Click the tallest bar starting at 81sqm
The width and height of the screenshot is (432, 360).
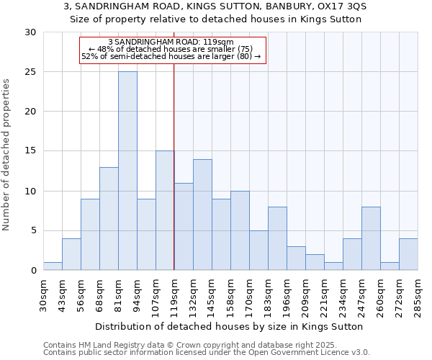pos(127,171)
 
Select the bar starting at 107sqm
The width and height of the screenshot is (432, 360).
pos(165,210)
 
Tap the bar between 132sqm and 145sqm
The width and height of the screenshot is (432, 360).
pos(202,215)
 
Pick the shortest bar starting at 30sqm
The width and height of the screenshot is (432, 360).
pos(53,266)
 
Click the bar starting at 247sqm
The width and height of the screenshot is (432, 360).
pos(371,238)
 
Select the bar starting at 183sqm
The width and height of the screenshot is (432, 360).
pos(277,238)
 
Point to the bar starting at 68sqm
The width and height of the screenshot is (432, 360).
pos(109,218)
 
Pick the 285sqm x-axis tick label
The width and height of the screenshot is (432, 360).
pos(418,293)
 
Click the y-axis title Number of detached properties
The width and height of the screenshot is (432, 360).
pos(6,155)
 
